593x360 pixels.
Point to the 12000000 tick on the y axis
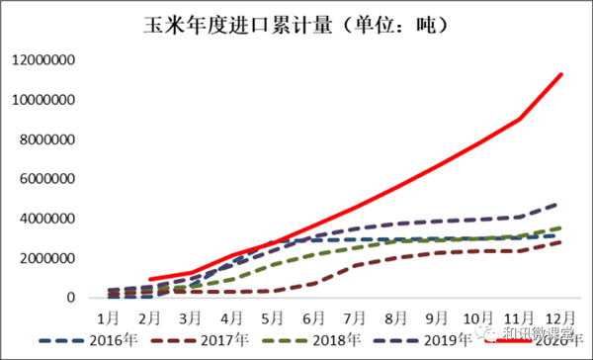click(x=44, y=60)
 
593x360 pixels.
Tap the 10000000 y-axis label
click(x=44, y=100)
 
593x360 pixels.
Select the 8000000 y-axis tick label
click(x=48, y=139)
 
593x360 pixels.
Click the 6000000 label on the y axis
click(x=48, y=179)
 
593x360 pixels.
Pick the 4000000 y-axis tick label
click(x=48, y=219)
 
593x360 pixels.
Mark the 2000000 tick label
click(x=48, y=258)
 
